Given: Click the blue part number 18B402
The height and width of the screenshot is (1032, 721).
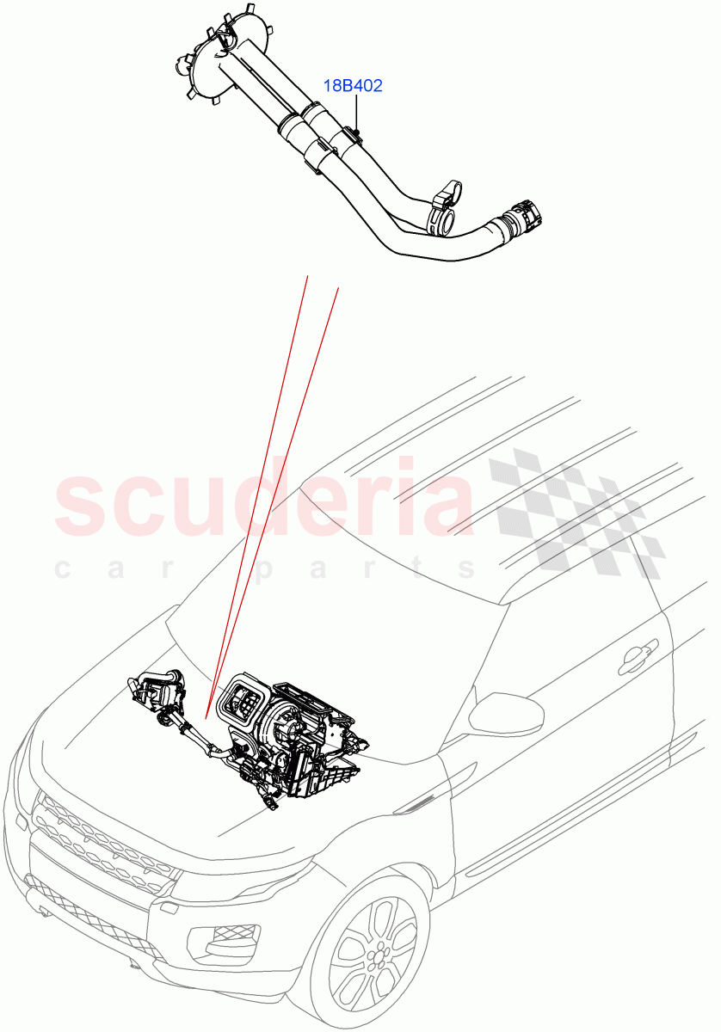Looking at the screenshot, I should point(353,86).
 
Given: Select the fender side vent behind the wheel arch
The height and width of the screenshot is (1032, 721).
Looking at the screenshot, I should point(422,803).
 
